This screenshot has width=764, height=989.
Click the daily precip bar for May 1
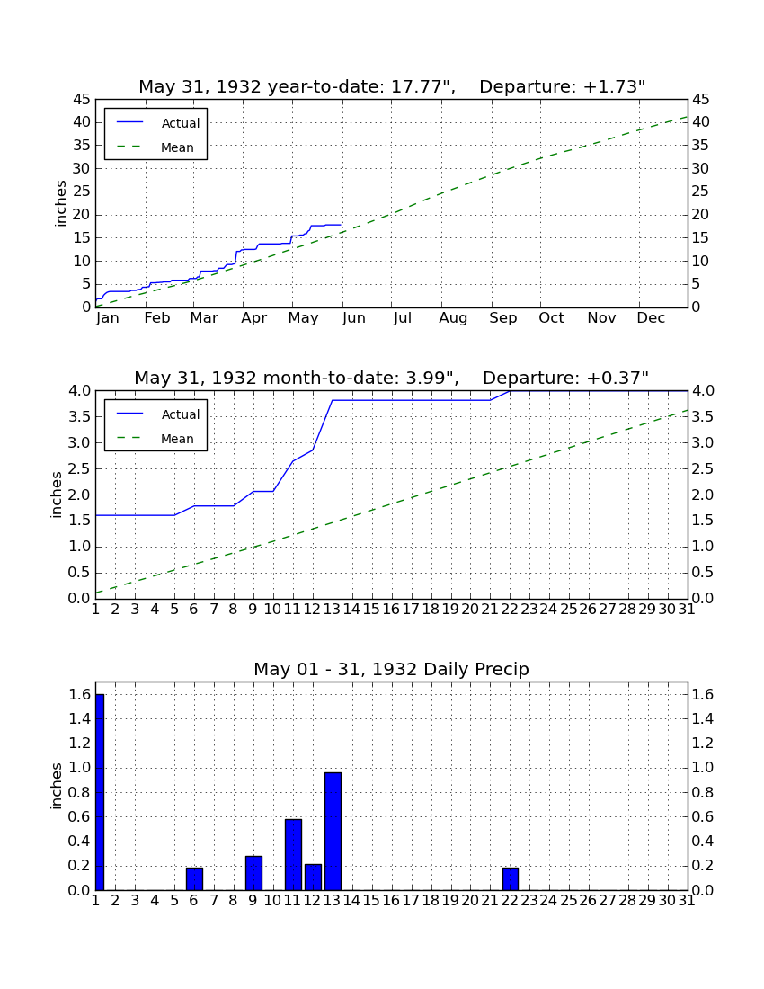point(100,792)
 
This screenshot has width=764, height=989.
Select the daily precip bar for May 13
point(333,832)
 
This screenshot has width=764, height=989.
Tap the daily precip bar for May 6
point(194,879)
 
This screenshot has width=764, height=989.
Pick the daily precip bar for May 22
point(511,879)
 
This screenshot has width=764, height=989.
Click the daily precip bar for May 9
point(253,873)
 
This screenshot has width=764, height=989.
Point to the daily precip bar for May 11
point(293,855)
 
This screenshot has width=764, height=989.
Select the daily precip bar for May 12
point(313,878)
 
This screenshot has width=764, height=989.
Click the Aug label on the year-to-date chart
point(453,318)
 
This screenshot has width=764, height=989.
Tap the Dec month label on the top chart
point(651,318)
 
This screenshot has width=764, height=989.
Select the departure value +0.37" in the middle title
point(617,378)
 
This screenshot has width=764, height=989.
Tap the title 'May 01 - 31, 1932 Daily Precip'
point(392,669)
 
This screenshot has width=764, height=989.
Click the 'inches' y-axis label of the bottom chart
point(56,786)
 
